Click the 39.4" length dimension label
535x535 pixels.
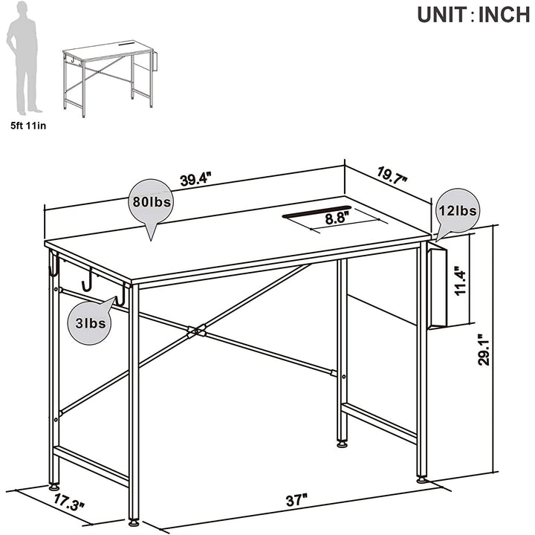tap(196, 179)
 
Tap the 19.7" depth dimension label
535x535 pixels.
tap(392, 175)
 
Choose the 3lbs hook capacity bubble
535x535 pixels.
tap(91, 322)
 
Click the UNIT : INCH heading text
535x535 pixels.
tap(473, 14)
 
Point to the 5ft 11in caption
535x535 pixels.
tap(28, 126)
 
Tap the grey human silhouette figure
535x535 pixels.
tap(23, 58)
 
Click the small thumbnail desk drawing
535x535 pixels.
tap(109, 79)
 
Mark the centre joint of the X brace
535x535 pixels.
tap(196, 331)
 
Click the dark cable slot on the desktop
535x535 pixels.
tap(317, 211)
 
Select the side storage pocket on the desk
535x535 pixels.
tap(437, 287)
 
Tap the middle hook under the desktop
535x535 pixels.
tap(88, 279)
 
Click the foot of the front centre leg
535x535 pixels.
tap(134, 531)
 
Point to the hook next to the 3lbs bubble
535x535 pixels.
tap(120, 296)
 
